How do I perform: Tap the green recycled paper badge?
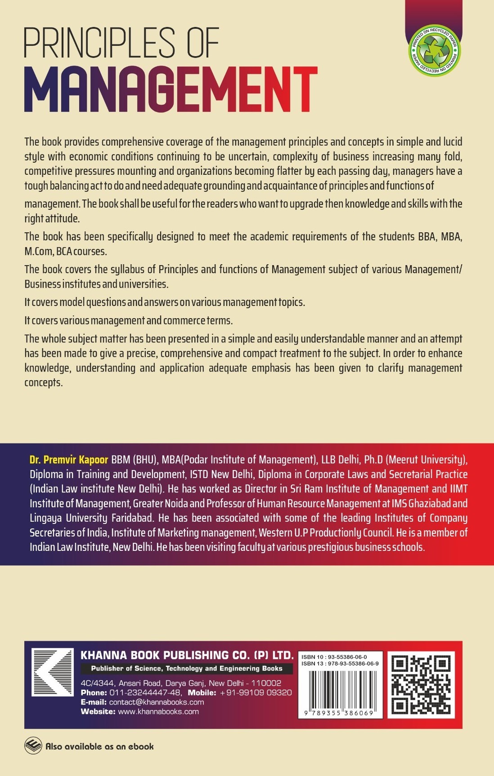(x=432, y=50)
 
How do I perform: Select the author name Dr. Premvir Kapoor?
(x=69, y=460)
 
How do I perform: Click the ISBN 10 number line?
(x=334, y=657)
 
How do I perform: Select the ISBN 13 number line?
(x=340, y=663)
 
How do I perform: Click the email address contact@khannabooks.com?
(x=156, y=702)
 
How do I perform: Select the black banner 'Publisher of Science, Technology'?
(x=187, y=669)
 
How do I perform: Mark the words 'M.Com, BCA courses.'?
(x=66, y=251)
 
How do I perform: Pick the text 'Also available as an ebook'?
(x=99, y=746)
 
